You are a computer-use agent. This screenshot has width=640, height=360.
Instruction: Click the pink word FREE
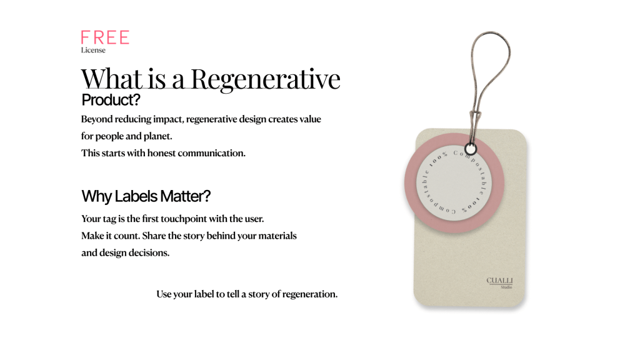(x=105, y=37)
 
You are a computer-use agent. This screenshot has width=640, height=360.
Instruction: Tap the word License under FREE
(x=93, y=50)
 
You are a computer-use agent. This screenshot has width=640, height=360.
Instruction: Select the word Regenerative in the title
(x=266, y=79)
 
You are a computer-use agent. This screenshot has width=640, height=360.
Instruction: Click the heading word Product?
(x=111, y=100)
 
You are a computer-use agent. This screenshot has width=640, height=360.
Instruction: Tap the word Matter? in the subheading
(x=185, y=196)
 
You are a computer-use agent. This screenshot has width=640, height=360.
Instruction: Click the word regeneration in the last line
(x=310, y=294)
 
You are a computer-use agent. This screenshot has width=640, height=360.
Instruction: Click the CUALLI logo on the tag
(x=499, y=281)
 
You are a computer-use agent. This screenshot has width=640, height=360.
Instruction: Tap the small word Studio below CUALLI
(x=506, y=287)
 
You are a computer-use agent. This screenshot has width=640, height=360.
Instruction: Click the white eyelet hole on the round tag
(x=471, y=149)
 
